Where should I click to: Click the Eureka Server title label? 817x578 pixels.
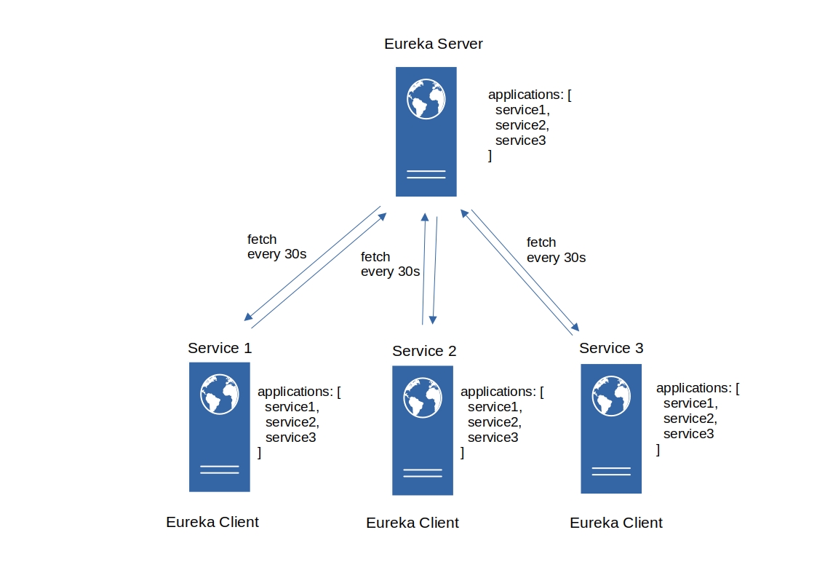[x=433, y=44]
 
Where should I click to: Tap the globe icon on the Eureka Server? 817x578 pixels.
[x=426, y=99]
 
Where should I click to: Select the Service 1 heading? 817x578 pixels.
[x=220, y=348]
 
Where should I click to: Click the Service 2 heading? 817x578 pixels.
[x=424, y=352]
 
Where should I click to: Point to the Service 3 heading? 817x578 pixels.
[x=611, y=349]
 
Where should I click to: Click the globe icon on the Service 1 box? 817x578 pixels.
[x=220, y=394]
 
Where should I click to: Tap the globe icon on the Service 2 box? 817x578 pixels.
[x=423, y=397]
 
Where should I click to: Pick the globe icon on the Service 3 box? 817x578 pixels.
[x=611, y=395]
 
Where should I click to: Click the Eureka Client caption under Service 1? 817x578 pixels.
[x=212, y=522]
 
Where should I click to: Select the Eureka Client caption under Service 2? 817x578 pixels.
[x=413, y=523]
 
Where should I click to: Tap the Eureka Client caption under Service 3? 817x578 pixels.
[x=616, y=523]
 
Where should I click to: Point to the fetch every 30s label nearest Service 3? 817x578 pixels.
[x=556, y=250]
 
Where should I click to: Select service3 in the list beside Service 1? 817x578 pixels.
[x=290, y=438]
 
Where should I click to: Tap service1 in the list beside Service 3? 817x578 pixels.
[x=690, y=403]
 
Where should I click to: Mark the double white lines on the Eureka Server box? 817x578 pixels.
[x=426, y=174]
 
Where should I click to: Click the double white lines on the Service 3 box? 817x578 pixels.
[x=611, y=471]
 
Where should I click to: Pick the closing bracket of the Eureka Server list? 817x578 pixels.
[x=490, y=156]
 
